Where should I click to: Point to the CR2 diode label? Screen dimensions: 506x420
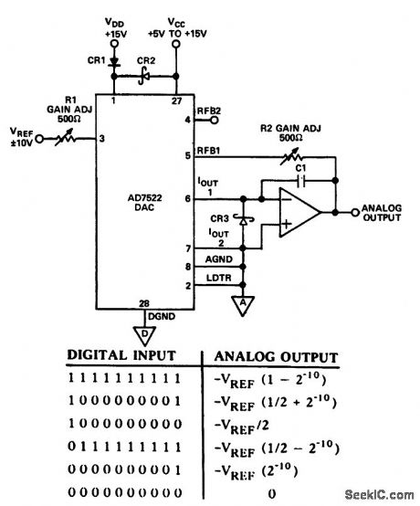click(x=144, y=60)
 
